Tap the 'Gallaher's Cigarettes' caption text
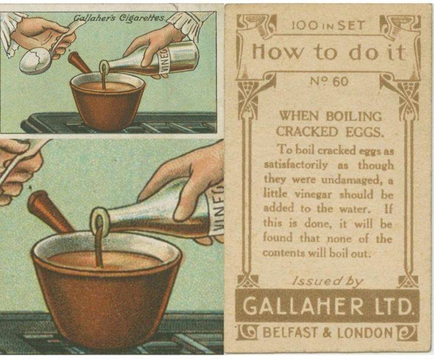pyautogui.click(x=119, y=18)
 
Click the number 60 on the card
pyautogui.click(x=341, y=82)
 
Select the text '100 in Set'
pyautogui.click(x=328, y=26)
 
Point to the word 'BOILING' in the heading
pyautogui.click(x=354, y=116)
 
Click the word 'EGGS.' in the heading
pyautogui.click(x=364, y=131)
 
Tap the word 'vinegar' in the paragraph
pyautogui.click(x=313, y=194)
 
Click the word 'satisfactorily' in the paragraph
pyautogui.click(x=296, y=165)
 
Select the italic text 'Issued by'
pyautogui.click(x=328, y=281)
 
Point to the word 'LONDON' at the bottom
pyautogui.click(x=365, y=332)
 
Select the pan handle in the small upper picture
pyautogui.click(x=79, y=62)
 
